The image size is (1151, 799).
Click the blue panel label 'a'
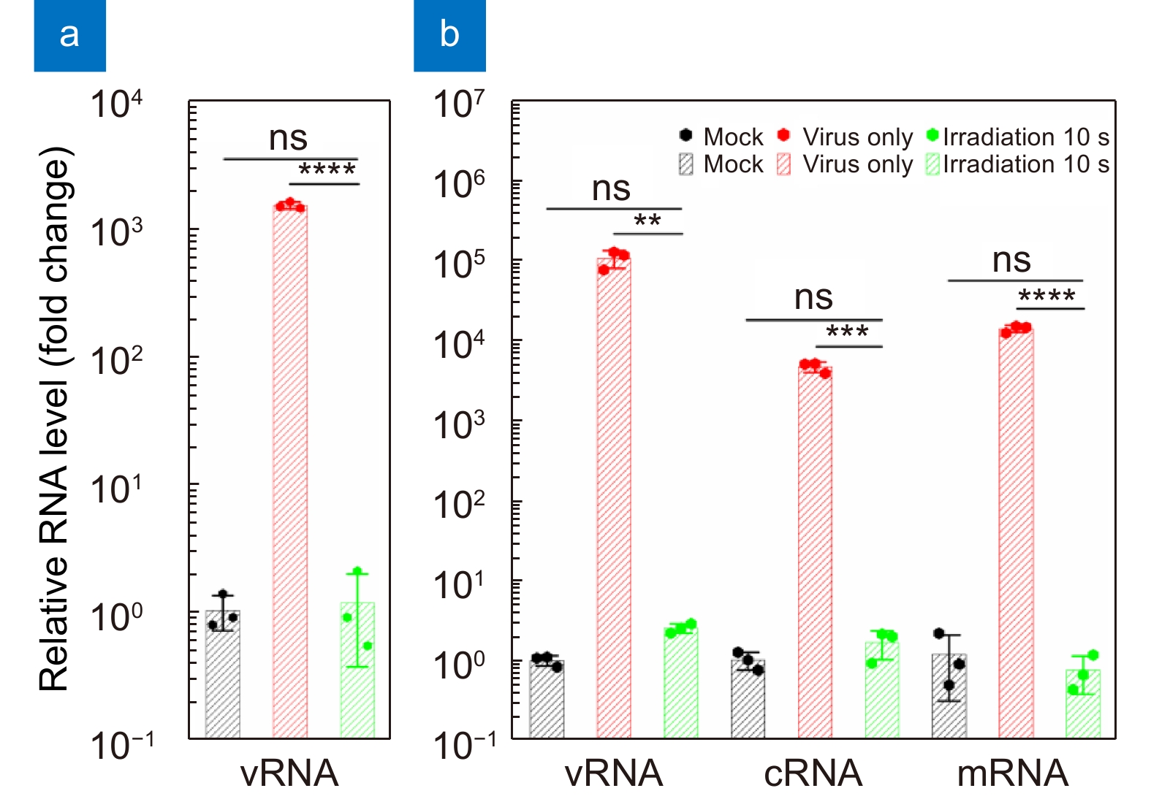(70, 36)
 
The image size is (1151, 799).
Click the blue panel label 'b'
(449, 36)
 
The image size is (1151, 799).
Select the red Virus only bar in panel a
(290, 472)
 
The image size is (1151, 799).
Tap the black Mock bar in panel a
(222, 674)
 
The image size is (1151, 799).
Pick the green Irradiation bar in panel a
(357, 670)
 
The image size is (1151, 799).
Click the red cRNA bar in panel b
(815, 553)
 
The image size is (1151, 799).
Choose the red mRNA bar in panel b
(1016, 534)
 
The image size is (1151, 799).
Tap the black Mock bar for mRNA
(949, 696)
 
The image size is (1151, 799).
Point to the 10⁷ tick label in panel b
(459, 104)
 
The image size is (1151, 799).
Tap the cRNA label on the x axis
(813, 773)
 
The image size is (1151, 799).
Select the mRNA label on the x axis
(1013, 773)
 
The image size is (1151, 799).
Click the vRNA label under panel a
(289, 773)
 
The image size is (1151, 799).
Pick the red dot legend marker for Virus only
(783, 135)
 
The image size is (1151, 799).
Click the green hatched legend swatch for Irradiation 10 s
(932, 165)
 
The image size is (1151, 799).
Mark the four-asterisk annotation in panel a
(327, 169)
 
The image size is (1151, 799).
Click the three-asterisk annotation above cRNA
(847, 331)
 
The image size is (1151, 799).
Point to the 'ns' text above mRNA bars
(1011, 260)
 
